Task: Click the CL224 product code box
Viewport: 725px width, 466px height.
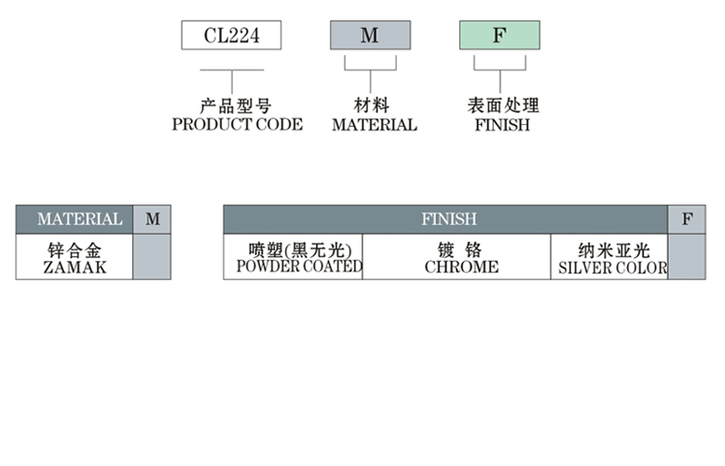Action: pos(231,35)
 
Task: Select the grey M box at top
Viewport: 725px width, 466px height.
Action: pos(370,35)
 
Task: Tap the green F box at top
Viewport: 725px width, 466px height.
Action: pos(499,35)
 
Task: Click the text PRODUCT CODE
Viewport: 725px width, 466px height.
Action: pos(237,125)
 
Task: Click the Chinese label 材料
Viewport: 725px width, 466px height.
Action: pos(371,106)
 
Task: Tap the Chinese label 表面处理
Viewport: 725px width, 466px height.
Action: pos(502,106)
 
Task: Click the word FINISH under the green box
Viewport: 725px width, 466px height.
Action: pos(501,125)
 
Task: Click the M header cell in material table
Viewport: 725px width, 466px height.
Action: pos(152,219)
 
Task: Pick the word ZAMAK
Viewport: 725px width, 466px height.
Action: pos(75,267)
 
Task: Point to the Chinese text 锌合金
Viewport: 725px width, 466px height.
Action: pos(74,250)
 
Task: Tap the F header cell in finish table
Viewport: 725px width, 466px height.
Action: pos(687,219)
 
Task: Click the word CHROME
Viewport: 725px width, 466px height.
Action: pos(461,267)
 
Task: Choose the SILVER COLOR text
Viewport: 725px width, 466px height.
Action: pos(612,268)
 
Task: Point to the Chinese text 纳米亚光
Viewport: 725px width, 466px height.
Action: pos(611,250)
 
